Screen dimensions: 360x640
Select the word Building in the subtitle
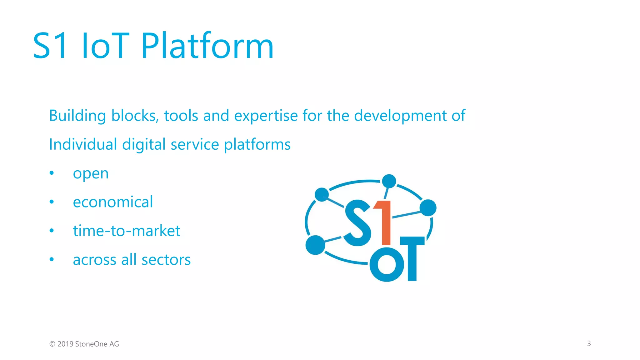point(77,116)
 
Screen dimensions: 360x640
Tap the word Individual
point(83,145)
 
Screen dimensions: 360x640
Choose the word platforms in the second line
point(257,145)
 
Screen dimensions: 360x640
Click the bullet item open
point(91,174)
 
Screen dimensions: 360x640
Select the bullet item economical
point(113,202)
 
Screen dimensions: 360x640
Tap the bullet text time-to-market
point(127,231)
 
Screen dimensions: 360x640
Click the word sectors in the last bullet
point(166,260)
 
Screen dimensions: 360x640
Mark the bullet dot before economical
point(52,202)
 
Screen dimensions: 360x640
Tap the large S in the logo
point(358,223)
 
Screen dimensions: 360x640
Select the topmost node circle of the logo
point(389,181)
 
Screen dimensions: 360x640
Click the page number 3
point(589,343)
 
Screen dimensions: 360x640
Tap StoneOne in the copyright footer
point(91,344)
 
